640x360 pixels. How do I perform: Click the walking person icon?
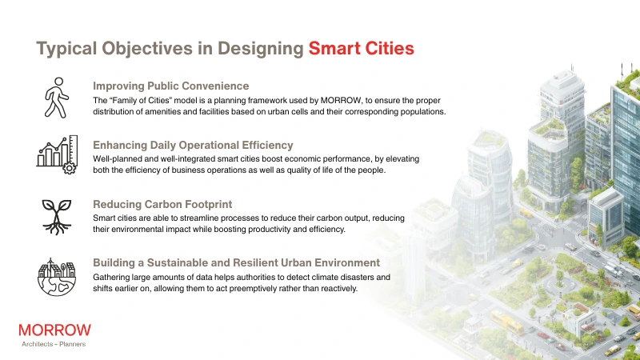(56, 97)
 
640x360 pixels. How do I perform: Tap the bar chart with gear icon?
(56, 154)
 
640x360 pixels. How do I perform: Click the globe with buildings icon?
(56, 275)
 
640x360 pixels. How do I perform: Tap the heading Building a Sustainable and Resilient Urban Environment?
(236, 262)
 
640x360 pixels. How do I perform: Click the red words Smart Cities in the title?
(361, 48)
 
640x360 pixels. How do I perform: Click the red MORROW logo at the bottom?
(54, 330)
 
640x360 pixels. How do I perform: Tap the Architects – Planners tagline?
(54, 344)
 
